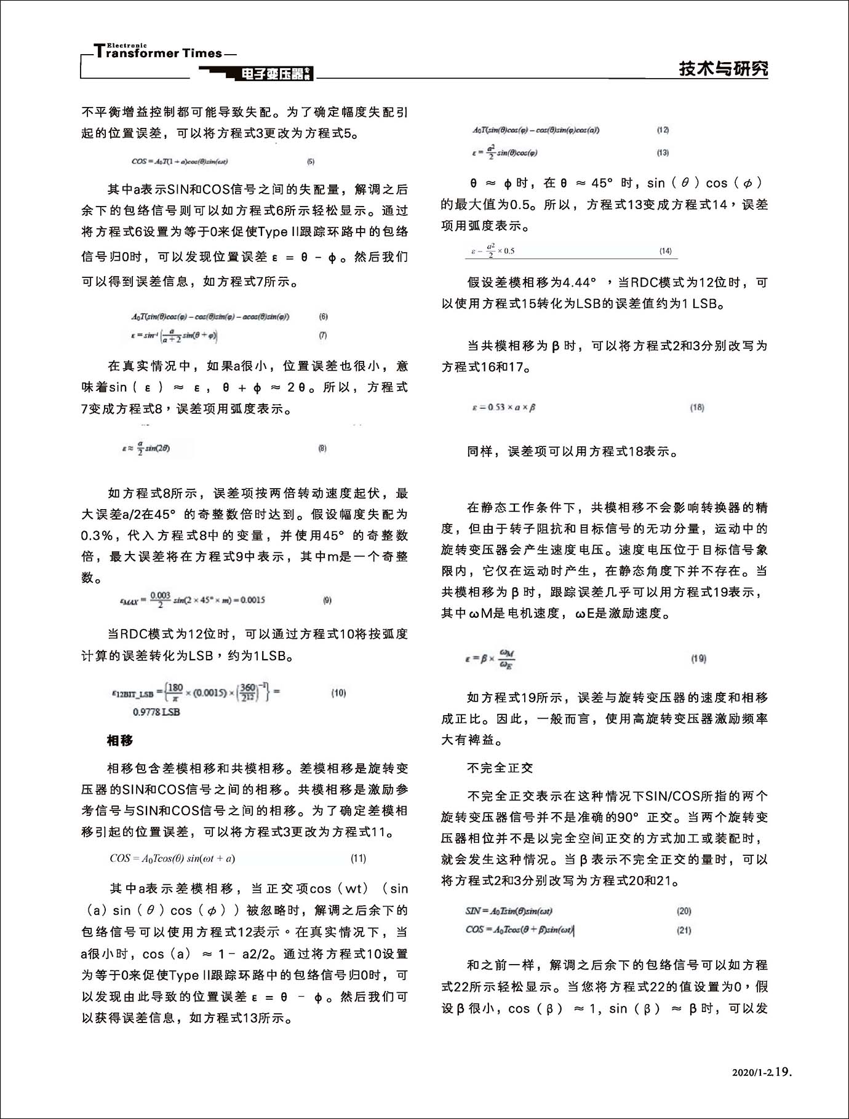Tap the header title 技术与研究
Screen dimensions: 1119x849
723,69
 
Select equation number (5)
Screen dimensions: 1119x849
311,162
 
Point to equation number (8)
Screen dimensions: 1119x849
322,448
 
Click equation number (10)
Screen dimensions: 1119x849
338,693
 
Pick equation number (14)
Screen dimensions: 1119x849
665,251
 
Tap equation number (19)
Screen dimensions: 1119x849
698,658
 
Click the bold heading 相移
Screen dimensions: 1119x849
119,740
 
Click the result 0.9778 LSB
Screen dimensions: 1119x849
156,712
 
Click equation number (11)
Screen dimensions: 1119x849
358,858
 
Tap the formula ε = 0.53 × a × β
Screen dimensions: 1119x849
503,407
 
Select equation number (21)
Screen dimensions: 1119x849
684,930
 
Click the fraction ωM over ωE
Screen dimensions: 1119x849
507,658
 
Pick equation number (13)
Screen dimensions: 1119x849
663,152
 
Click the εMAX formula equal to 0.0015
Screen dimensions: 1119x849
193,599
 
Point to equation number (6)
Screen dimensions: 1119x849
324,317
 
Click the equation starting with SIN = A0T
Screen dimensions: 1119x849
504,911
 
